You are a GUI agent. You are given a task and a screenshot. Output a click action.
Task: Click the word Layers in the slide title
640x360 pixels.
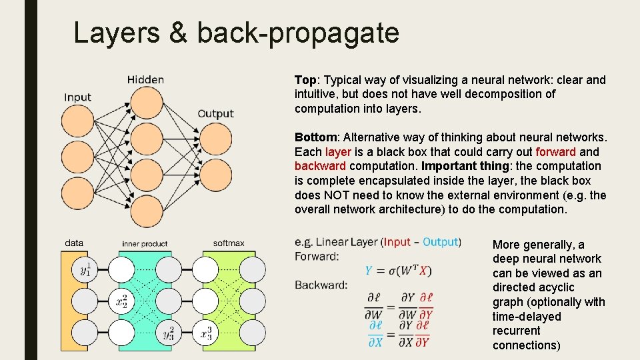[x=117, y=33]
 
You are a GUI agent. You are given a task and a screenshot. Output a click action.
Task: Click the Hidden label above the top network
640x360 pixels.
[x=145, y=80]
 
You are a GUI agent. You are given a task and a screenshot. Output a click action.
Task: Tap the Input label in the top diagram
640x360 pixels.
[x=77, y=97]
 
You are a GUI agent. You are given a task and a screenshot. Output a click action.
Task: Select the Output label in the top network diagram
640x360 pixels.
[x=215, y=113]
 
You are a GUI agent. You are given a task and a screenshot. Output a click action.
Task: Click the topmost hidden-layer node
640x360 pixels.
[x=146, y=101]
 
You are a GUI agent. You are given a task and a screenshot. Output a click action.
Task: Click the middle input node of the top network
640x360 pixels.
[x=77, y=157]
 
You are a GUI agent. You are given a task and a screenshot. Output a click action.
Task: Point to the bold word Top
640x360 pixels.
[x=305, y=80]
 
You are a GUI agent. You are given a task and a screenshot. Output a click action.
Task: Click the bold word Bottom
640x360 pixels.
[x=317, y=137]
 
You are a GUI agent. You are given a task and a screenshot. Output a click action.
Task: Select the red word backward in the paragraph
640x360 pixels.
[x=320, y=166]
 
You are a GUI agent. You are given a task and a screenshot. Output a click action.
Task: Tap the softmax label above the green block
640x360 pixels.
[x=229, y=243]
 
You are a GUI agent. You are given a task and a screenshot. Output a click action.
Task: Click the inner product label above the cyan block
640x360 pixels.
[x=145, y=244]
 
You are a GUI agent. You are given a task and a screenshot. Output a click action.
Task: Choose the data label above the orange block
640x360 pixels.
[x=74, y=243]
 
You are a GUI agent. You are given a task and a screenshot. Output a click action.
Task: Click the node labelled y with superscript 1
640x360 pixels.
[x=85, y=270]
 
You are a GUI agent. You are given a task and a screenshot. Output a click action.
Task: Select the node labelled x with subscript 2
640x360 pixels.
[x=121, y=301]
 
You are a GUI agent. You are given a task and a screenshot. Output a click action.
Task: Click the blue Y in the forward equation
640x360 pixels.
[x=369, y=270]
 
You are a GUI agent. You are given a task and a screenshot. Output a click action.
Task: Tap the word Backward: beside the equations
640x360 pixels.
[x=321, y=285]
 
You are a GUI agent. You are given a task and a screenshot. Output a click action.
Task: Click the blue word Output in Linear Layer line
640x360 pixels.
[x=440, y=242]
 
